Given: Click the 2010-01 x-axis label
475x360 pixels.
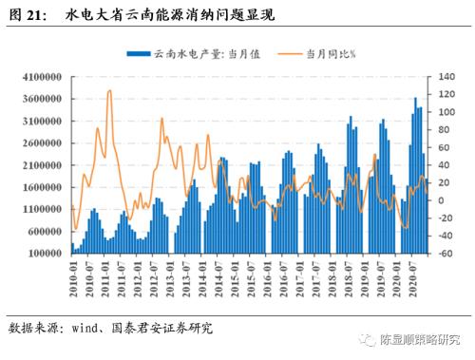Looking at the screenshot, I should pyautogui.click(x=74, y=276).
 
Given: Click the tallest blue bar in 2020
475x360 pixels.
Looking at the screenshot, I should pyautogui.click(x=414, y=98).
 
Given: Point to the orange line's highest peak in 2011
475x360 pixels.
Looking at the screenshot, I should pyautogui.click(x=110, y=91).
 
